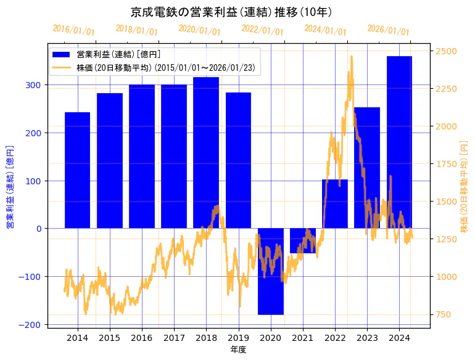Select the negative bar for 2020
tap(271, 271)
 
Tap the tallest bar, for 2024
tap(399, 142)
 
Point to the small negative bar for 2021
tap(303, 240)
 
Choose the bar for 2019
tap(238, 160)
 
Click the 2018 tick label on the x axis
tap(206, 337)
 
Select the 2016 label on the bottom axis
tap(142, 337)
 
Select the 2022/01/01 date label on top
tap(262, 31)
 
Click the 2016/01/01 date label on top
tap(73, 30)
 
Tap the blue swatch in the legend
tap(62, 55)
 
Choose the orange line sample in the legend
tap(62, 67)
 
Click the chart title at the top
tap(232, 12)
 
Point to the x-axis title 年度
tap(238, 350)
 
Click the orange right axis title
tap(465, 186)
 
